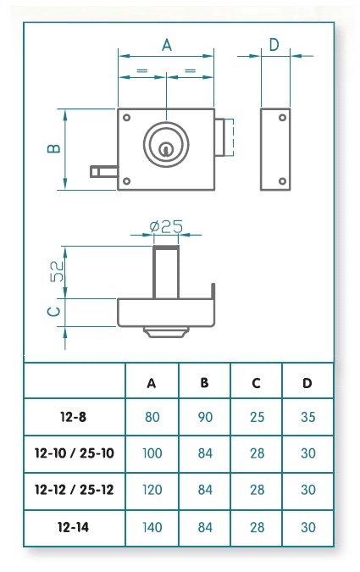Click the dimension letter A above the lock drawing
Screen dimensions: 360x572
167,45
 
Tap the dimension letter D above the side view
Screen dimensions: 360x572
274,45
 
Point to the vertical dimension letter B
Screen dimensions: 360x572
54,148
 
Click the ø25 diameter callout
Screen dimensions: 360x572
166,227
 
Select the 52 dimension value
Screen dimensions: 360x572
57,271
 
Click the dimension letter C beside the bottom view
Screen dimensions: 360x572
54,312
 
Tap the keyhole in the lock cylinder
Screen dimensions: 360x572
166,148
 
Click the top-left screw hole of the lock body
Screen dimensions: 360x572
126,118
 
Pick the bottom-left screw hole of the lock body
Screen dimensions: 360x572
126,181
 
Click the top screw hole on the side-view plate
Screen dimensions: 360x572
282,118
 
